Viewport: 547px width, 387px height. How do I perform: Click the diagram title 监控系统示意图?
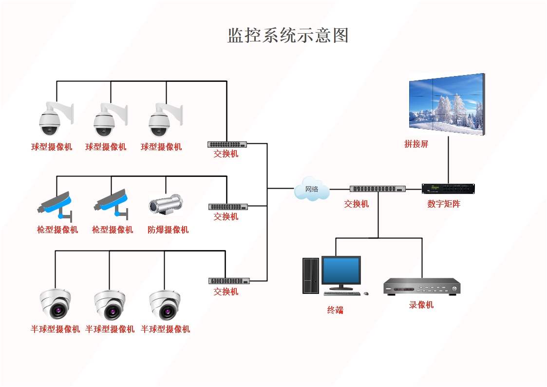pyautogui.click(x=288, y=36)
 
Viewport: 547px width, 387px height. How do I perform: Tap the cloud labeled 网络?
pyautogui.click(x=312, y=190)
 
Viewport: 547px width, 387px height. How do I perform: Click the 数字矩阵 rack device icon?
pyautogui.click(x=448, y=189)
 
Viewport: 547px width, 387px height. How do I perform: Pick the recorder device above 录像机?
pyautogui.click(x=422, y=287)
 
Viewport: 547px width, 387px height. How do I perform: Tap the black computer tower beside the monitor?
pyautogui.click(x=310, y=275)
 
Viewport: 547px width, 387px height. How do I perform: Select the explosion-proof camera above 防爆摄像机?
pyautogui.click(x=166, y=204)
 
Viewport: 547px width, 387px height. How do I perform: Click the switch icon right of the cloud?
pyautogui.click(x=377, y=189)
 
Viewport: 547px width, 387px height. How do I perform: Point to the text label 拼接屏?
pyautogui.click(x=416, y=144)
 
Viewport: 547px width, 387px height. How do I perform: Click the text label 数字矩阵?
pyautogui.click(x=444, y=204)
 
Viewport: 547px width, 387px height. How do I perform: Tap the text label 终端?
pyautogui.click(x=335, y=310)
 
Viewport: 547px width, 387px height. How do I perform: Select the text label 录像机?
pyautogui.click(x=421, y=305)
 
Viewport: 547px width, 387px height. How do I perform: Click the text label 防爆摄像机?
pyautogui.click(x=168, y=230)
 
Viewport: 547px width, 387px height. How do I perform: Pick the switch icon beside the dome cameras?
pyautogui.click(x=227, y=144)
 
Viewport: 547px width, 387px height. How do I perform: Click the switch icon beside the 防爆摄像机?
pyautogui.click(x=228, y=207)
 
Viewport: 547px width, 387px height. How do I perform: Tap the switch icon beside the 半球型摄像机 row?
pyautogui.click(x=229, y=281)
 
